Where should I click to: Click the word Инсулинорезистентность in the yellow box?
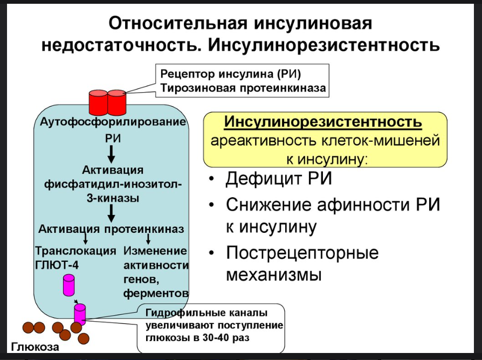tap(322, 123)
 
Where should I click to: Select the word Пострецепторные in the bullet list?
tap(302, 253)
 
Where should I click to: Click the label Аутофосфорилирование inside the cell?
tap(113, 122)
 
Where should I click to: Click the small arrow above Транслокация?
tap(85, 239)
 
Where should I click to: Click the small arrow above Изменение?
tap(148, 239)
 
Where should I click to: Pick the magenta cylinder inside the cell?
tap(69, 285)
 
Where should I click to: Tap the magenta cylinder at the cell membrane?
tap(80, 314)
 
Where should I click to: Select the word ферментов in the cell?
tap(156, 293)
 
